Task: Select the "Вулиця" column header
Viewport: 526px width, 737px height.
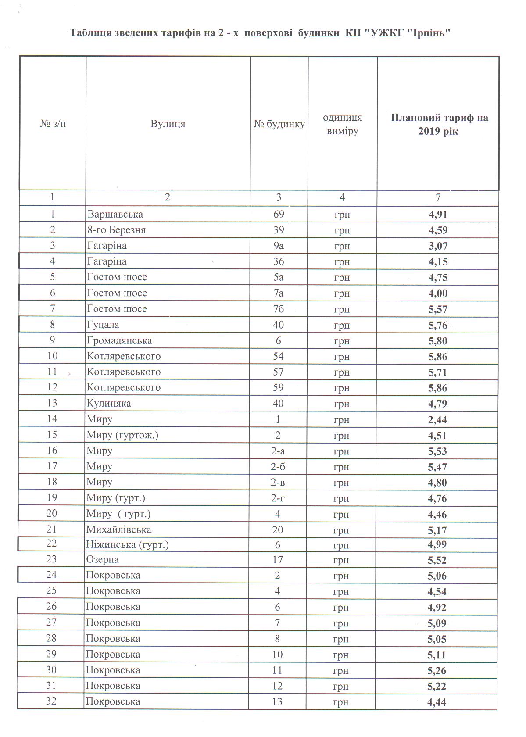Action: coord(168,124)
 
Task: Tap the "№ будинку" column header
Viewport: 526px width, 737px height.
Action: coord(279,124)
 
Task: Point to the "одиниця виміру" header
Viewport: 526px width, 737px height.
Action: coord(343,124)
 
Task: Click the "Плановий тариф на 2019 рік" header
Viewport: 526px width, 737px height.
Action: coord(438,124)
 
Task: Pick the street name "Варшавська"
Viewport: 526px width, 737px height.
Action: coord(115,214)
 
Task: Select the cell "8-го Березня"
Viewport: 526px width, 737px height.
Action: coord(116,230)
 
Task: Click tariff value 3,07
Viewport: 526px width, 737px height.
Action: coord(438,246)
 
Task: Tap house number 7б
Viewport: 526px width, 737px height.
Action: coord(279,309)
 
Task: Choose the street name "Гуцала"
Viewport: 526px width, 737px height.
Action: coord(103,325)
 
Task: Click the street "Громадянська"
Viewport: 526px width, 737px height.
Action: coord(119,340)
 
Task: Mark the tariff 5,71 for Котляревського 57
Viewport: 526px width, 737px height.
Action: coord(438,372)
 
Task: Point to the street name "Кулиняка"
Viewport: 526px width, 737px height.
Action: coord(109,403)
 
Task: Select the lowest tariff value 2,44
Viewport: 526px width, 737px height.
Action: coord(437,420)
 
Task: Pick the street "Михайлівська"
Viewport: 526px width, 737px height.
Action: coord(119,529)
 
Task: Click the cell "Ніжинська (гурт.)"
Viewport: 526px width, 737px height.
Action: coord(127,545)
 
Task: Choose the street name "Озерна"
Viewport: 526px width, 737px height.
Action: coord(103,559)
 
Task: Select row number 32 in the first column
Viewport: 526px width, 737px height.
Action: coord(51,701)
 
